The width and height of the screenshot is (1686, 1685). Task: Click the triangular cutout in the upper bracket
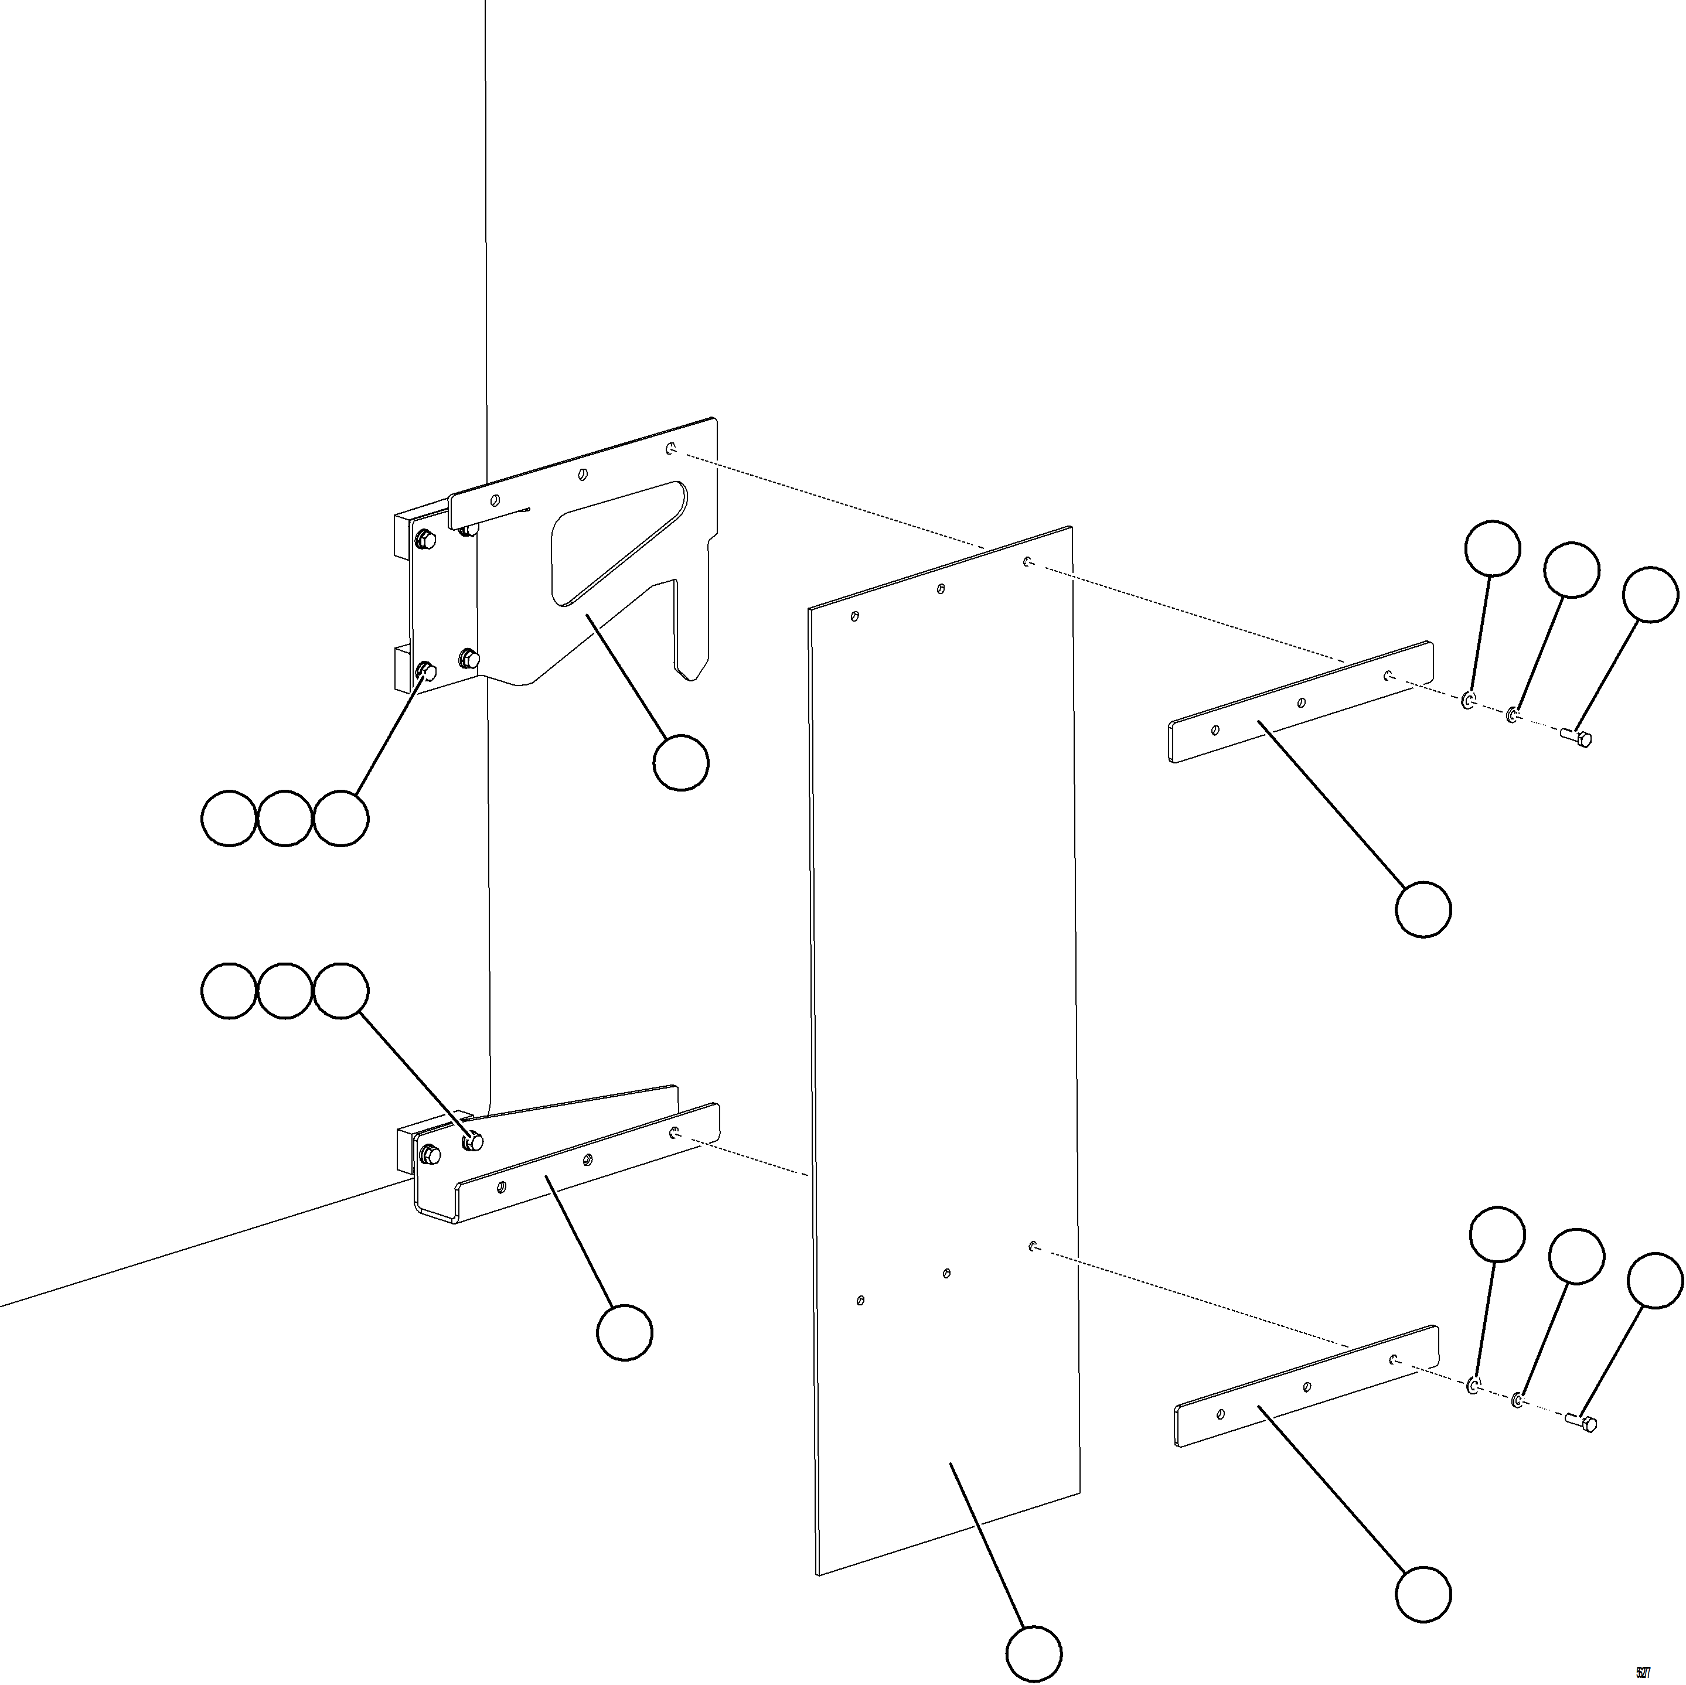611,541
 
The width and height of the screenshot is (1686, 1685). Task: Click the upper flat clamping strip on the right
1300,702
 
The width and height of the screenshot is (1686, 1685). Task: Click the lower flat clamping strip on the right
1306,1387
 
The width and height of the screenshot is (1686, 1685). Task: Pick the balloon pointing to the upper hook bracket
681,763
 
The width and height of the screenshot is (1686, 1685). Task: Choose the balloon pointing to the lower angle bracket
624,1332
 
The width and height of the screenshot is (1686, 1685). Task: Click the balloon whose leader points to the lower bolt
1654,1280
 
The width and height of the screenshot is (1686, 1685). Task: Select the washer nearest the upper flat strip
1468,701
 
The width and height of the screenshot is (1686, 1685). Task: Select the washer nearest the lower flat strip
1473,1386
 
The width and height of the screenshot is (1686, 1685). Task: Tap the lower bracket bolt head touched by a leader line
472,1141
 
